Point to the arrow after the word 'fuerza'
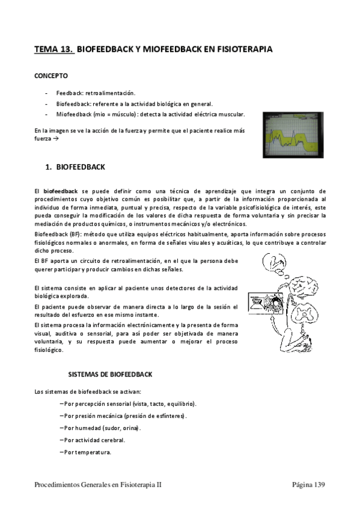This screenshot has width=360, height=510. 56,138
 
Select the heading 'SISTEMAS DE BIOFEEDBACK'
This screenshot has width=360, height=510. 109,374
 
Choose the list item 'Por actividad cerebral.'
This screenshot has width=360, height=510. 95,440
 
